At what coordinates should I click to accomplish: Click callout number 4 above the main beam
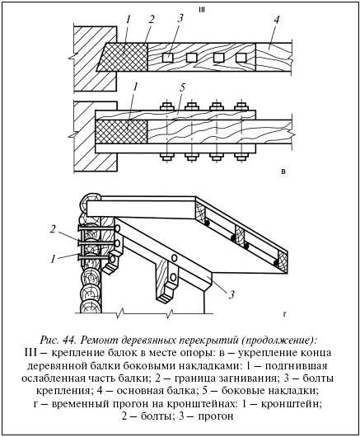tap(276, 20)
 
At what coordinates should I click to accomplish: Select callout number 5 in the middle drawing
tap(182, 88)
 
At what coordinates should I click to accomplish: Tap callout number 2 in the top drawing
tap(152, 20)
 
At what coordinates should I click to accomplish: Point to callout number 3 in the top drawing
tap(180, 18)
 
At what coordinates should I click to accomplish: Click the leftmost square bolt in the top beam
tap(167, 58)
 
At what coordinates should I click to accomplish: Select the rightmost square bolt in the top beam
tap(241, 58)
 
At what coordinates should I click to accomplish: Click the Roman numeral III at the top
tap(201, 10)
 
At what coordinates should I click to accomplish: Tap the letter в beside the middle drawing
tap(283, 172)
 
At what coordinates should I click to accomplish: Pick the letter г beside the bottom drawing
tap(284, 314)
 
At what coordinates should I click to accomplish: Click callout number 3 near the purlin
tap(231, 294)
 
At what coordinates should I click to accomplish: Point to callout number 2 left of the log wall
tap(53, 229)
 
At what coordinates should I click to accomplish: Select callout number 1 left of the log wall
tap(54, 259)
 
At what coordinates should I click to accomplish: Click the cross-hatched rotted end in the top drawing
tap(123, 58)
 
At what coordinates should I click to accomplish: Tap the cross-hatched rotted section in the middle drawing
tap(121, 132)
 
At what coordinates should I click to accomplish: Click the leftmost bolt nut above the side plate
tap(167, 106)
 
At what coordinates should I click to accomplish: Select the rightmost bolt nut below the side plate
tap(241, 157)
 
